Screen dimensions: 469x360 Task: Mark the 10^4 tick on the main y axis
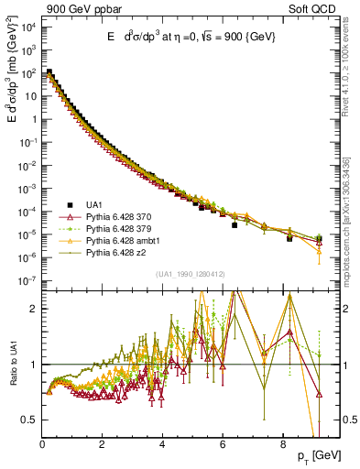[x=28, y=25]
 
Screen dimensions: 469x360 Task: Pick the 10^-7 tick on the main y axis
[x=28, y=282]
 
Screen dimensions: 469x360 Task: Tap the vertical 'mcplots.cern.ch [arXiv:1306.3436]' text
[x=351, y=210]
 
